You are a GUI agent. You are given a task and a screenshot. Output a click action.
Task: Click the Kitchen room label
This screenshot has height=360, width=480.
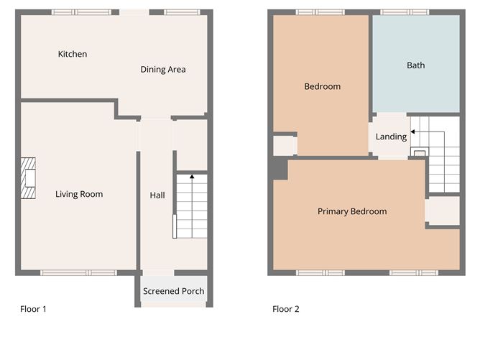pyautogui.click(x=73, y=54)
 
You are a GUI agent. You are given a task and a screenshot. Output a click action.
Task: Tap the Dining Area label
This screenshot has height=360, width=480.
pyautogui.click(x=163, y=70)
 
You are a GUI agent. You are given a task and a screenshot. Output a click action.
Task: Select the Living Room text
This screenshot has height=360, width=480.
pyautogui.click(x=79, y=194)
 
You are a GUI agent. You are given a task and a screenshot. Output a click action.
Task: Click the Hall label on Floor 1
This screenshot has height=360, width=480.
pyautogui.click(x=157, y=195)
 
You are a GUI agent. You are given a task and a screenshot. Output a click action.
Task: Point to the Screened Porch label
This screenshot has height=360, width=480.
pyautogui.click(x=173, y=291)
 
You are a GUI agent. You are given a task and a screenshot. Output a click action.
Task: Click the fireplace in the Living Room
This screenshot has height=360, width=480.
pyautogui.click(x=28, y=177)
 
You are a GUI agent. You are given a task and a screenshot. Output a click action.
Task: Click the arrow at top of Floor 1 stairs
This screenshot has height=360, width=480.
pyautogui.click(x=192, y=174)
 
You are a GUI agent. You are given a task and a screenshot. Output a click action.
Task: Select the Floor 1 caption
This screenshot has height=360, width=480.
pyautogui.click(x=33, y=310)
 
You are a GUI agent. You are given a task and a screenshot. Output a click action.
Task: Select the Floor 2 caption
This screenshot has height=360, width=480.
pyautogui.click(x=286, y=310)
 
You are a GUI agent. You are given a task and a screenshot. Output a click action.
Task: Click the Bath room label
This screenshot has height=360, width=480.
pyautogui.click(x=415, y=65)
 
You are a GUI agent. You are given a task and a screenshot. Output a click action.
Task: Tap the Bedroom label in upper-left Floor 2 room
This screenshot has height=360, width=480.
pyautogui.click(x=322, y=86)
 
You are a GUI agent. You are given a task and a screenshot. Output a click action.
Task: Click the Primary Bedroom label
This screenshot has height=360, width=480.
pyautogui.click(x=352, y=211)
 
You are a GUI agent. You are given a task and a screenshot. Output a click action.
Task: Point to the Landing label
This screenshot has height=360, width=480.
pyautogui.click(x=391, y=137)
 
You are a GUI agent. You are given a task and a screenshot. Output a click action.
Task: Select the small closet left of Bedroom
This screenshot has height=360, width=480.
pyautogui.click(x=285, y=146)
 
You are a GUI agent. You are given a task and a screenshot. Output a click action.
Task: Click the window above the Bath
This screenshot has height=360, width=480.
pyautogui.click(x=405, y=12)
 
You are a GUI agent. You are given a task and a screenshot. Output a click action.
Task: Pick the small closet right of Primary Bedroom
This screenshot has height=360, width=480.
pyautogui.click(x=442, y=211)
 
